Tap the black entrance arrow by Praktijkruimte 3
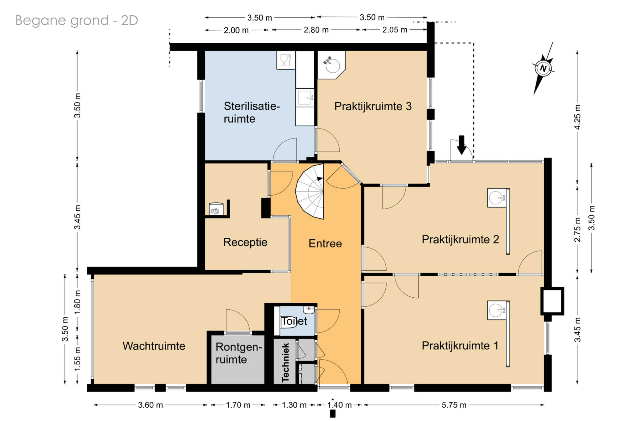pyautogui.click(x=461, y=145)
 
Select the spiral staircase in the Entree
pyautogui.click(x=310, y=191)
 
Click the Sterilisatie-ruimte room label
pyautogui.click(x=252, y=112)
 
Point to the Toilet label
pyautogui.click(x=294, y=321)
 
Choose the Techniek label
pyautogui.click(x=285, y=362)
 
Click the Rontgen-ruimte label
pyautogui.click(x=238, y=353)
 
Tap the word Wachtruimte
pyautogui.click(x=154, y=346)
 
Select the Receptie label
pyautogui.click(x=245, y=242)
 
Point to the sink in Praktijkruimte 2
pyautogui.click(x=497, y=198)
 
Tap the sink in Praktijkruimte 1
pyautogui.click(x=497, y=310)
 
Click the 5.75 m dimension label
pyautogui.click(x=454, y=405)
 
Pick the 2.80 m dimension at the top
pyautogui.click(x=316, y=30)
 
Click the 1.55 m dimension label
pyautogui.click(x=77, y=359)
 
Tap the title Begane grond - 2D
pyautogui.click(x=77, y=20)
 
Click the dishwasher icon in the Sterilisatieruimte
pyautogui.click(x=286, y=60)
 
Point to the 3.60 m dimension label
pyautogui.click(x=150, y=405)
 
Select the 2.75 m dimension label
pyautogui.click(x=577, y=230)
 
